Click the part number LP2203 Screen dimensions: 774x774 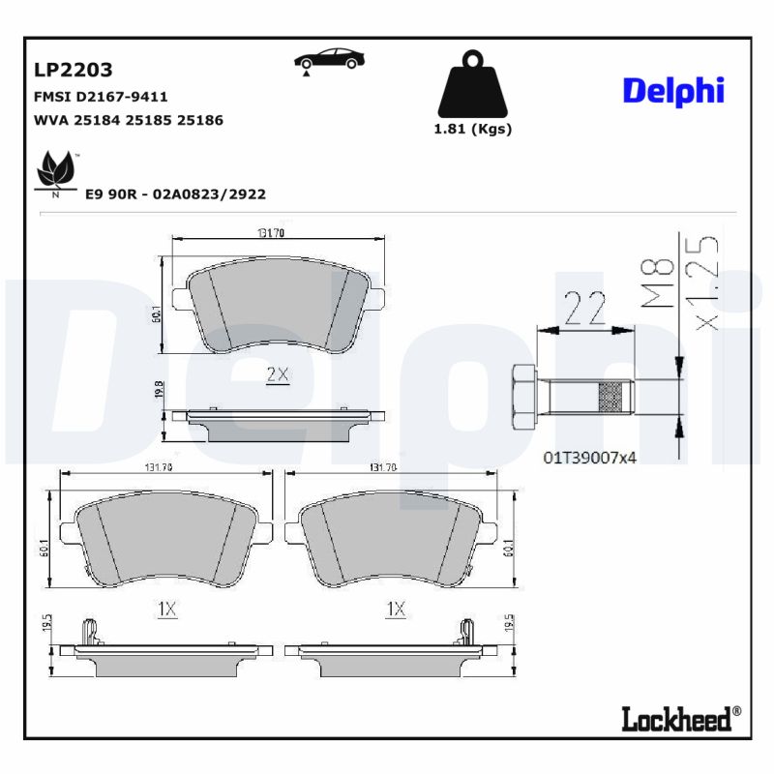coord(74,70)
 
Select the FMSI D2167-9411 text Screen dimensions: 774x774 coord(101,97)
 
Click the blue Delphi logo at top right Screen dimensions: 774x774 coord(673,90)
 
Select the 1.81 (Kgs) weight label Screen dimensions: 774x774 coord(472,130)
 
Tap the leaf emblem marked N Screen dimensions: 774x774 coord(55,172)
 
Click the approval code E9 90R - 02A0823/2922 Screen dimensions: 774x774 coord(175,193)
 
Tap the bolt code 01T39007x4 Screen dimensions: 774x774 coord(589,457)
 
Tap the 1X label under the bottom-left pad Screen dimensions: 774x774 coord(166,609)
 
